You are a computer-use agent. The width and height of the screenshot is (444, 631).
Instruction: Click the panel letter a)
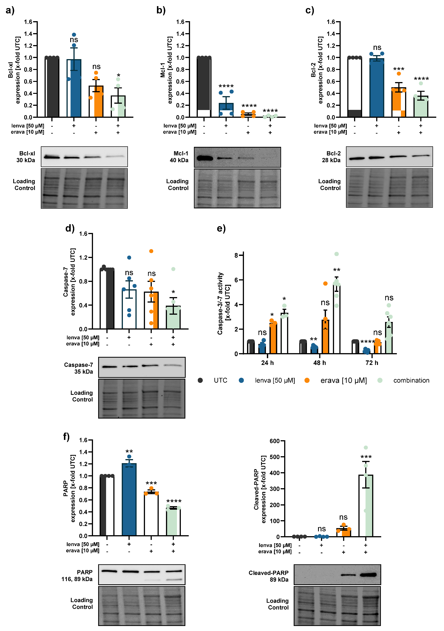tap(10, 11)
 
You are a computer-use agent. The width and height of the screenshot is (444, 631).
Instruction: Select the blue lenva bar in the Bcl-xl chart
tap(74, 88)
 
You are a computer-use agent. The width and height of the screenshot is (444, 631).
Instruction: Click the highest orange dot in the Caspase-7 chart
tap(151, 251)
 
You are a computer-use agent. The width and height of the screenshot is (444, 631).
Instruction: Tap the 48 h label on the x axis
tap(320, 363)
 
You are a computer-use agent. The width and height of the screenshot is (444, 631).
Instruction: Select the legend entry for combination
tap(411, 380)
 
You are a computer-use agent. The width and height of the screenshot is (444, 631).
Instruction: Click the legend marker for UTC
tap(200, 380)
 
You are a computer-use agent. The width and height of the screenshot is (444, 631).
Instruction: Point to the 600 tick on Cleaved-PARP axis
tap(274, 441)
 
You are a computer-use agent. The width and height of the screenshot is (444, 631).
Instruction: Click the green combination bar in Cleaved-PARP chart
tap(366, 506)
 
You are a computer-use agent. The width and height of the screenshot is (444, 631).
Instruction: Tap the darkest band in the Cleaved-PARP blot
tap(368, 574)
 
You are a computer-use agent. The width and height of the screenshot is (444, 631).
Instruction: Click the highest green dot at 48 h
tap(337, 254)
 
